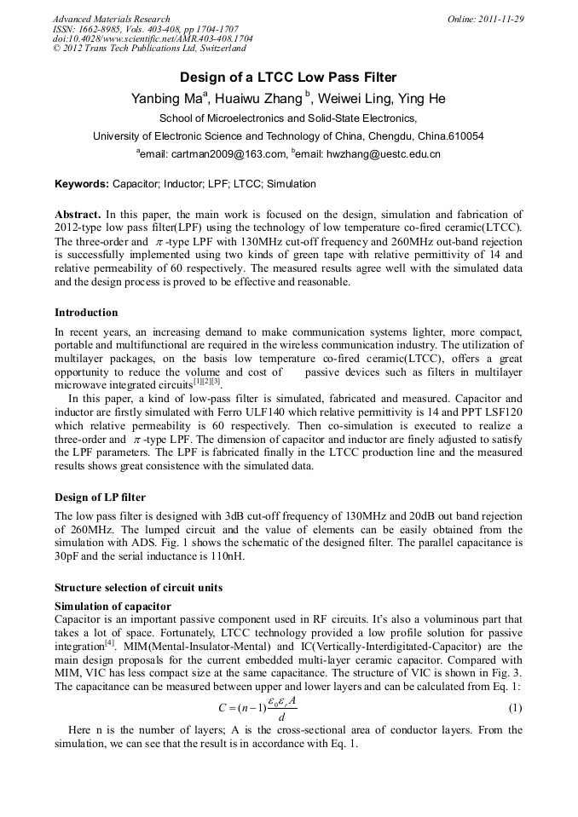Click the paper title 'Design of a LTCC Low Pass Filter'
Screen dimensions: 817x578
tap(288, 78)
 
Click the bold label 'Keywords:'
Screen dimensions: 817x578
tap(82, 184)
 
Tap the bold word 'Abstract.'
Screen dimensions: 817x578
tap(78, 215)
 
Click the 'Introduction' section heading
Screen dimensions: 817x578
tap(86, 313)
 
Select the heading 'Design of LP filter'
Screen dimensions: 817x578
tap(100, 497)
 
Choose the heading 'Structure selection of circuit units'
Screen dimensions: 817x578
tap(140, 588)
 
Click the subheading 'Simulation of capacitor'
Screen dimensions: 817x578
tap(113, 606)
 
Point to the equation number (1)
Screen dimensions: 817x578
tap(515, 708)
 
